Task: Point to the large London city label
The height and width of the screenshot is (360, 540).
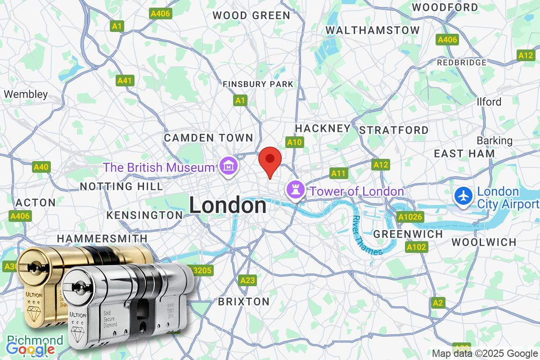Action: [227, 206]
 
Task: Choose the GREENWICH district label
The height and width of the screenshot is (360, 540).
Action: [408, 234]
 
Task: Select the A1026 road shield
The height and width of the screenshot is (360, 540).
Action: [410, 217]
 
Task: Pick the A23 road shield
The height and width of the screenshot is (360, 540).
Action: [247, 280]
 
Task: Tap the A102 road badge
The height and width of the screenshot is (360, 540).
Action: [416, 247]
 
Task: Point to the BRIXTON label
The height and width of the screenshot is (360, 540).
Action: [243, 301]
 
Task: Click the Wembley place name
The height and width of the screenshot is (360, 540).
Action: [26, 94]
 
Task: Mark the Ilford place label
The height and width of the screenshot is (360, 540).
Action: [489, 102]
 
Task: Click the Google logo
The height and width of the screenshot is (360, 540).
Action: [31, 349]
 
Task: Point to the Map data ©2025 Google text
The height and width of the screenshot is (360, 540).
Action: [485, 353]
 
